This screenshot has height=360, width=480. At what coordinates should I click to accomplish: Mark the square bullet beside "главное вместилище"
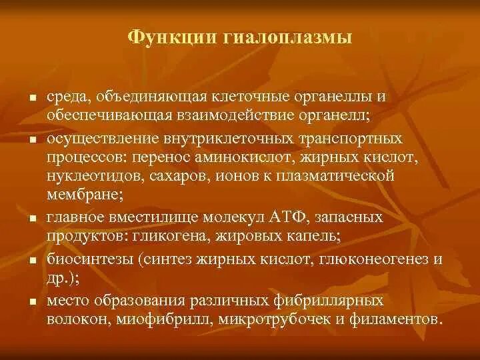point(31,219)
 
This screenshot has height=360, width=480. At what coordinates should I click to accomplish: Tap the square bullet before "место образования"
point(31,301)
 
